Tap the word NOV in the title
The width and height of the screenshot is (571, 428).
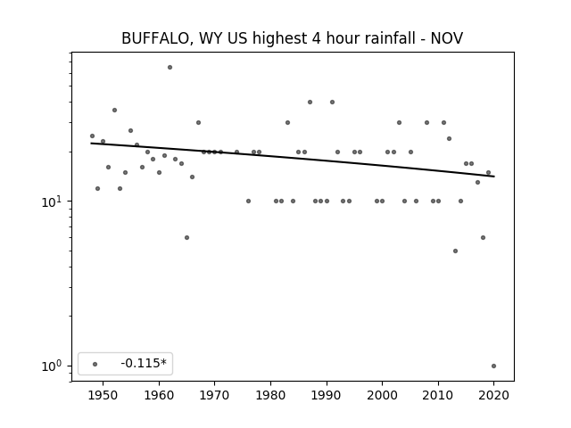[x=447, y=38]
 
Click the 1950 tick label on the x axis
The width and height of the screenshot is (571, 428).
[x=103, y=395]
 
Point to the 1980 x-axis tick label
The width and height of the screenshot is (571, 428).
[x=270, y=395]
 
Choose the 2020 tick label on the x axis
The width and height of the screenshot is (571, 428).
[x=493, y=395]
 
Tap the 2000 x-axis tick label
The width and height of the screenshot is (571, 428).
[x=382, y=395]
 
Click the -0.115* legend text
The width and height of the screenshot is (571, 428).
[x=144, y=363]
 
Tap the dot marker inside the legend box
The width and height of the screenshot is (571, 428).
[x=95, y=364]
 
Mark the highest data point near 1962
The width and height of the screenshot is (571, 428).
[x=170, y=68]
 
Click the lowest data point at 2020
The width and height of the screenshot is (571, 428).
[x=493, y=366]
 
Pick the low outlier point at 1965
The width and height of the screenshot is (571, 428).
[x=186, y=238]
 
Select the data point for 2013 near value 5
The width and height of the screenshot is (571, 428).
[x=455, y=251]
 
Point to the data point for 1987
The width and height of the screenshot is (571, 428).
[x=310, y=103]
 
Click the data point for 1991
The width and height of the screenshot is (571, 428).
[x=332, y=103]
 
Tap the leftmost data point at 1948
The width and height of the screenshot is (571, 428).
[x=92, y=136]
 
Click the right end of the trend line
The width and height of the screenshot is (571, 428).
[x=494, y=177]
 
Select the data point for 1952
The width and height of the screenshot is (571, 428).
[x=114, y=111]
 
